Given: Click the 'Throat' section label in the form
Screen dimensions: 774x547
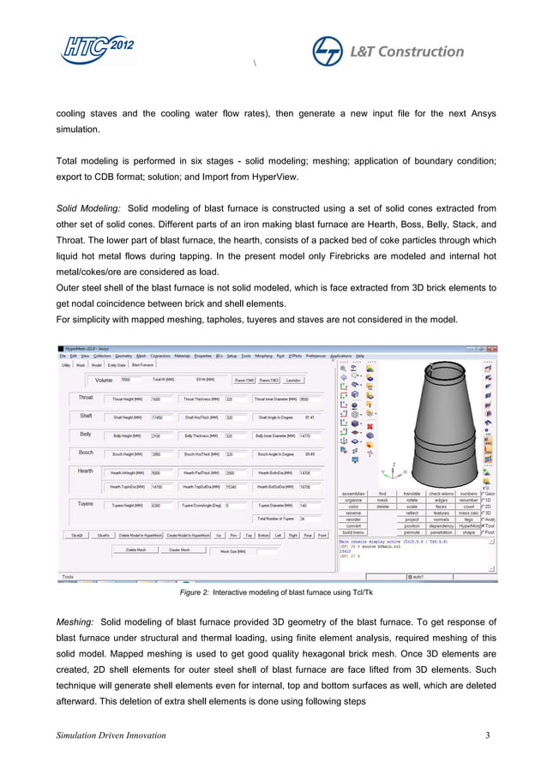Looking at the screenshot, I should pos(86,398).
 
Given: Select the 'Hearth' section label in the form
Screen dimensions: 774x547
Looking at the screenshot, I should pos(86,471).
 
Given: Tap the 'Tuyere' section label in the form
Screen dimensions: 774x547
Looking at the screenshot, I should pos(86,503).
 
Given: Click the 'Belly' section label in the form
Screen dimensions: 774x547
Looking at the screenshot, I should pos(85,435).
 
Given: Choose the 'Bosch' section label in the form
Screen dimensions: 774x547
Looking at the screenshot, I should pos(86,453).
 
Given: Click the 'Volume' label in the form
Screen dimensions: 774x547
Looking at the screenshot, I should pos(104,379).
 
